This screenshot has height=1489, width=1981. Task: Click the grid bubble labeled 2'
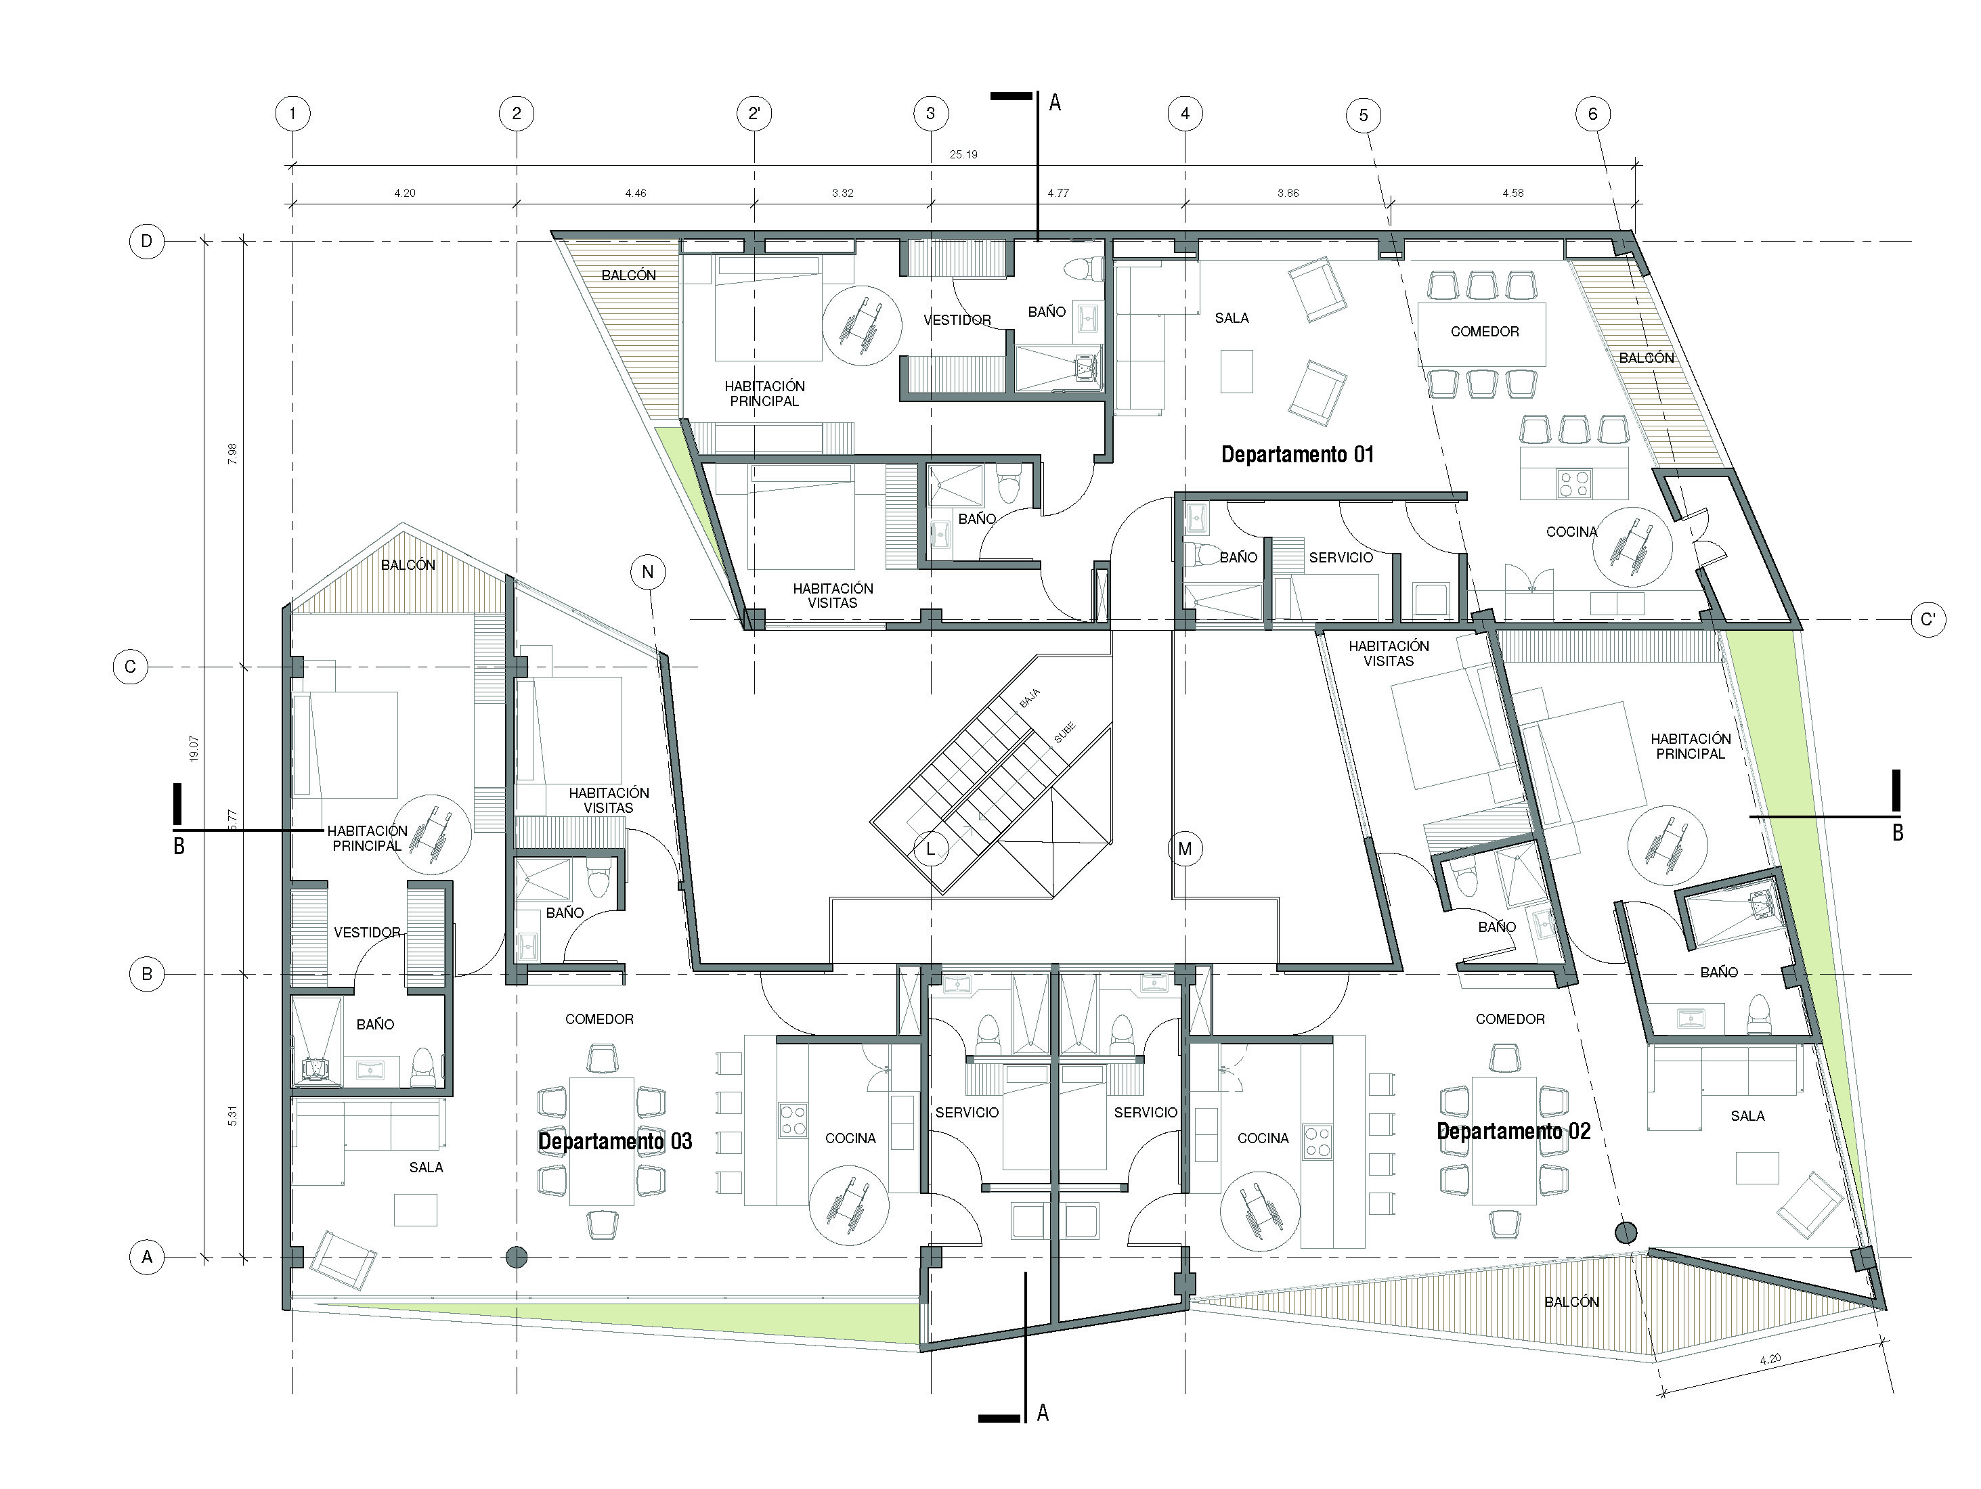click(754, 114)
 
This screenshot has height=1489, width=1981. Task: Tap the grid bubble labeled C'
click(1928, 619)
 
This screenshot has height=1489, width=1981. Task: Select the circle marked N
click(647, 572)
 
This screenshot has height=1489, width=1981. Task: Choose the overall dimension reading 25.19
click(963, 155)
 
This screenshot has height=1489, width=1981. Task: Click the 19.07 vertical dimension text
click(194, 749)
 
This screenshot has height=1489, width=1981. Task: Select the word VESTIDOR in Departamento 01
click(957, 319)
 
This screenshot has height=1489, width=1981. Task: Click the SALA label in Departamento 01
click(1232, 318)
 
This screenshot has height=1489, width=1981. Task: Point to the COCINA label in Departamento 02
click(1263, 1138)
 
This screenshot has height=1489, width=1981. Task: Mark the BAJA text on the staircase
click(1029, 698)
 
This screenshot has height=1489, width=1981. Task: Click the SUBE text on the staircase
click(1064, 732)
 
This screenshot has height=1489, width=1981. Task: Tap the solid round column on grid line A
click(516, 1257)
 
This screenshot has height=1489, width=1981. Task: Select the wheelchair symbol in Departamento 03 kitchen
click(849, 1205)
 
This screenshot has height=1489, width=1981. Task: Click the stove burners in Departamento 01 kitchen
click(1574, 485)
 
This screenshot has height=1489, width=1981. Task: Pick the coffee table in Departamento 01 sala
click(1237, 371)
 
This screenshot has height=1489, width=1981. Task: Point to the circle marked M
click(1185, 849)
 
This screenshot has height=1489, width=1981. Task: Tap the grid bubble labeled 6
click(1592, 114)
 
